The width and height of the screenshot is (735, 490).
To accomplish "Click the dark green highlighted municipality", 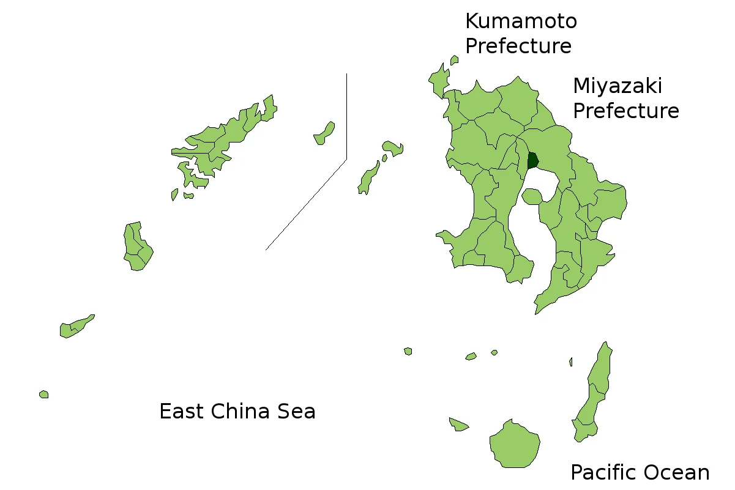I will pyautogui.click(x=532, y=161).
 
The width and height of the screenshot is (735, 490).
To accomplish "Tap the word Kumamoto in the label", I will pyautogui.click(x=521, y=21).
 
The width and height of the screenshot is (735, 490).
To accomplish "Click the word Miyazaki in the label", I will pyautogui.click(x=617, y=86).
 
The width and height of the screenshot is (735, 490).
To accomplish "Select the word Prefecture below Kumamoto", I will pyautogui.click(x=518, y=46).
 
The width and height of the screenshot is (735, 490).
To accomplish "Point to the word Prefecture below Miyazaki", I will pyautogui.click(x=626, y=111).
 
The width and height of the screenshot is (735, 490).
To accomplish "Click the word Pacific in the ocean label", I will pyautogui.click(x=603, y=472).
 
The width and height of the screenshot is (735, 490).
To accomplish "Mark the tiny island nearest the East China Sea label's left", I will pyautogui.click(x=44, y=395).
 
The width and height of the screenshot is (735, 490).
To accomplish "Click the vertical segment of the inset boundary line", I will pyautogui.click(x=346, y=116).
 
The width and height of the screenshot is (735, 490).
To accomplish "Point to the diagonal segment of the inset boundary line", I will pyautogui.click(x=306, y=205).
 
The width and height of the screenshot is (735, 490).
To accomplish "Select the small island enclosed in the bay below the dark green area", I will pyautogui.click(x=531, y=196).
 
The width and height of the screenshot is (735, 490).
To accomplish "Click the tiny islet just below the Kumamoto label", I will pyautogui.click(x=454, y=60).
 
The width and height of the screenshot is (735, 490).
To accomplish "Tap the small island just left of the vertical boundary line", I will pyautogui.click(x=324, y=133).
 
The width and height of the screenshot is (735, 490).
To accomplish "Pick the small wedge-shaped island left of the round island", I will pyautogui.click(x=458, y=424).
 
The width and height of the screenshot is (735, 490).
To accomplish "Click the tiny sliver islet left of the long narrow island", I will pyautogui.click(x=571, y=362).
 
